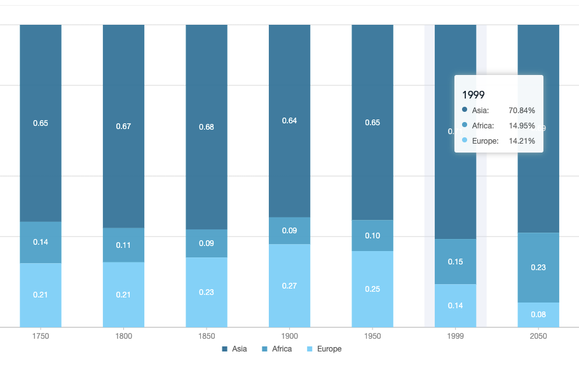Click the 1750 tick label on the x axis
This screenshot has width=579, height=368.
(x=41, y=336)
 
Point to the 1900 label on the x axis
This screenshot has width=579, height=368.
(x=289, y=336)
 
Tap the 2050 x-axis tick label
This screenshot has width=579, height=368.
(x=538, y=336)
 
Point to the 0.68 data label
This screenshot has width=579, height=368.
(x=207, y=127)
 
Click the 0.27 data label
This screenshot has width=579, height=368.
(x=289, y=286)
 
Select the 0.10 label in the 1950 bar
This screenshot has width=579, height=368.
(x=372, y=236)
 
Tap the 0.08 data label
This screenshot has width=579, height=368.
(x=538, y=314)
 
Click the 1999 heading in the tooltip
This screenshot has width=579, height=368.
(x=473, y=95)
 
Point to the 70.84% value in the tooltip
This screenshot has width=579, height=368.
(x=522, y=111)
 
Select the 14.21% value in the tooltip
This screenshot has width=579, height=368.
(x=522, y=141)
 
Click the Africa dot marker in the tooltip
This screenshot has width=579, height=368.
(x=465, y=125)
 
